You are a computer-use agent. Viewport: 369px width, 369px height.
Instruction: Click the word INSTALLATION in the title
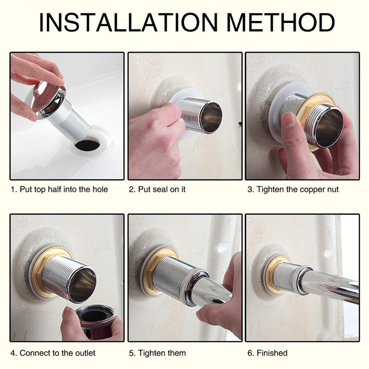(x=128, y=23)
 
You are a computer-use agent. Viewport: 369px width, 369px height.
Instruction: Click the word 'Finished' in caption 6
(x=272, y=353)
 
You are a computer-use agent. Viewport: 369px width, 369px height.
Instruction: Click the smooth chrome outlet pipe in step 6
(x=330, y=286)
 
